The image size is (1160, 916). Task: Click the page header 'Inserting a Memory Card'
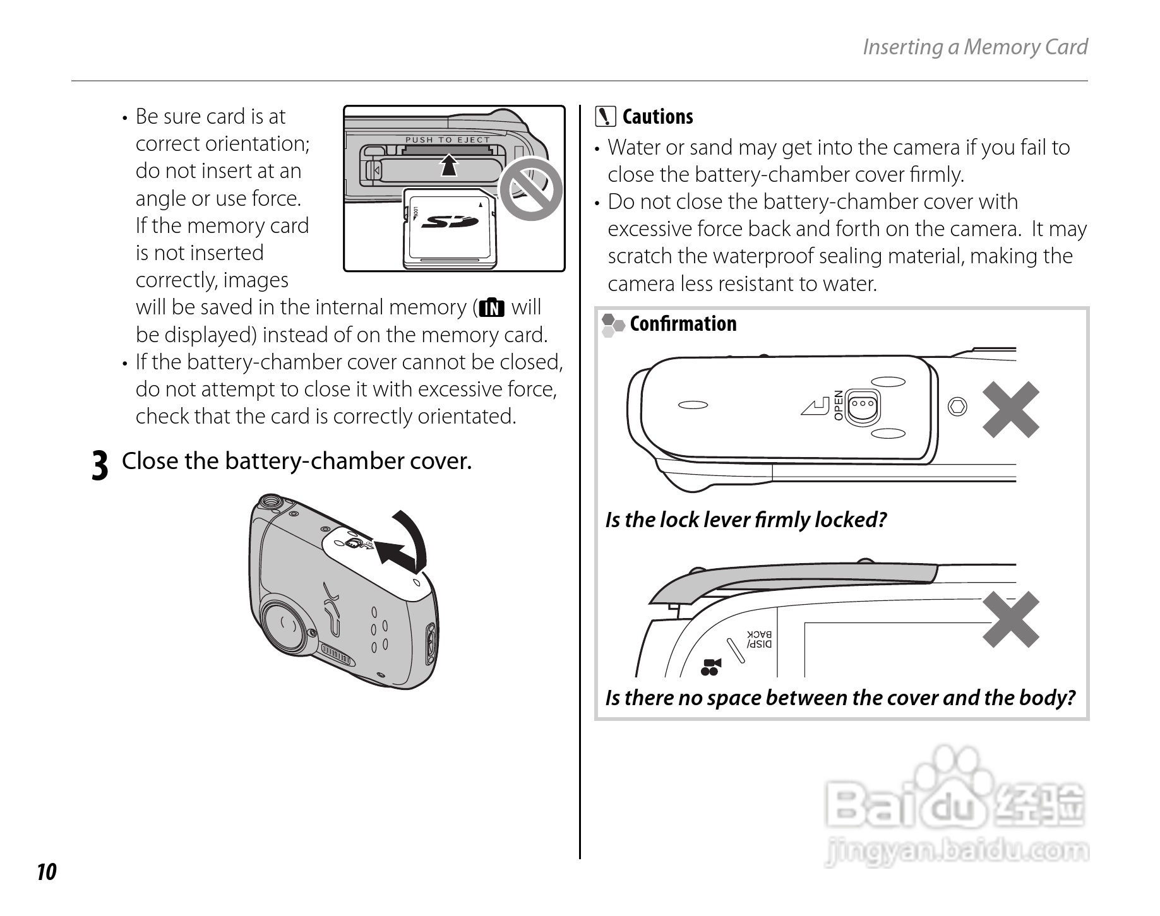pos(974,47)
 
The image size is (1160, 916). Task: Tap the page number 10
pos(47,872)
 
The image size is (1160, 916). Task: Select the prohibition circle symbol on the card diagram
pos(530,189)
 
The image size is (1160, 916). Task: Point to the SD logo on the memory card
pos(449,222)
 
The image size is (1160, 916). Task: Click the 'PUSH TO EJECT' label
pos(447,140)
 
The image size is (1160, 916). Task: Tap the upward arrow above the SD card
pos(448,165)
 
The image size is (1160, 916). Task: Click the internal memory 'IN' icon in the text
pos(492,308)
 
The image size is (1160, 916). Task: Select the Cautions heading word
pos(657,117)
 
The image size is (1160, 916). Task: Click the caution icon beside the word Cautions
pos(606,117)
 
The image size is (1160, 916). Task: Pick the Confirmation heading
pos(683,324)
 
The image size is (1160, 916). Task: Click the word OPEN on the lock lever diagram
pos(838,405)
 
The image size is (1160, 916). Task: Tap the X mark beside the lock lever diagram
pos(1010,410)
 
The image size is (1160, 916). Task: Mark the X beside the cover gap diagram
pos(1010,619)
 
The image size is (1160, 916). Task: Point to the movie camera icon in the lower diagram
pos(711,667)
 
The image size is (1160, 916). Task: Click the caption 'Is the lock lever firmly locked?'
pos(746,520)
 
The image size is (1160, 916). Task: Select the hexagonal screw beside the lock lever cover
pos(957,406)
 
